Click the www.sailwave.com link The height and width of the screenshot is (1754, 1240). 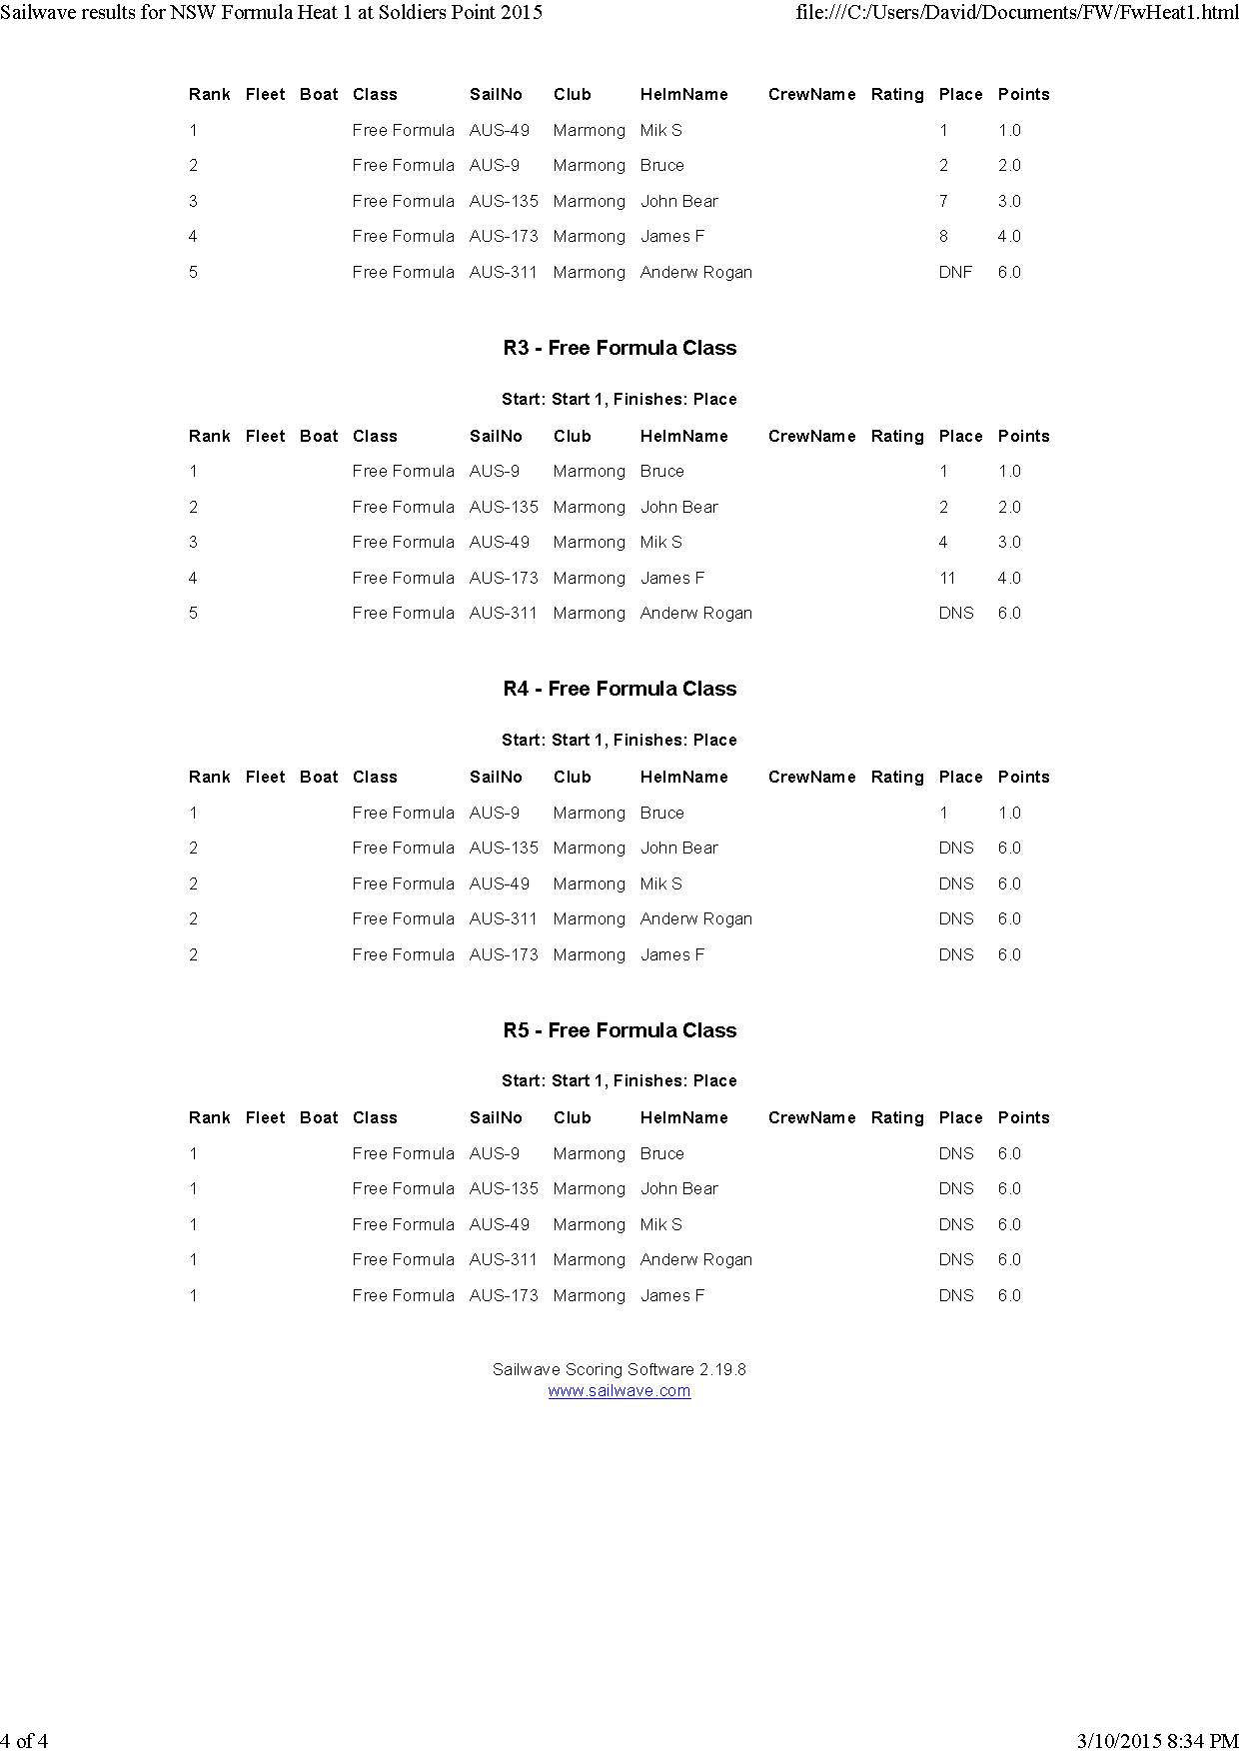[619, 1390]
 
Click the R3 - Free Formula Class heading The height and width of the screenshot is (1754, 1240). [620, 348]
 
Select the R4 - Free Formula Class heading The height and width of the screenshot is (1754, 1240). [620, 689]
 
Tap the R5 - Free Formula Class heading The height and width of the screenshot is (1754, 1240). [620, 1030]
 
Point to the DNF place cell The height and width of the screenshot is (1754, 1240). [954, 272]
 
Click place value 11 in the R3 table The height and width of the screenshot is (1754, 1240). [946, 578]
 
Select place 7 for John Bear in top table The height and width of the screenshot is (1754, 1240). [942, 201]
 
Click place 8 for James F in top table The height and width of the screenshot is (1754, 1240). [942, 237]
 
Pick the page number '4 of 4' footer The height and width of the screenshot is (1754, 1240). [24, 1741]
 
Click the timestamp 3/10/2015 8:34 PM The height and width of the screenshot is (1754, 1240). [1157, 1741]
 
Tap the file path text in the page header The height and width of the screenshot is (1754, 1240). [1017, 13]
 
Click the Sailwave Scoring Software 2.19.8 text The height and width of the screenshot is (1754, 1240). [619, 1369]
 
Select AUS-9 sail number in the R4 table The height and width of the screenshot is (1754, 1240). [494, 813]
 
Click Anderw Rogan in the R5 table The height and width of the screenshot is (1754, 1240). [695, 1259]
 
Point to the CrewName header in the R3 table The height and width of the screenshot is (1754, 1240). [811, 436]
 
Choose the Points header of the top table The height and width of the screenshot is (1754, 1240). [1023, 95]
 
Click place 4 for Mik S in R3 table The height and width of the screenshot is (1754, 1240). [942, 542]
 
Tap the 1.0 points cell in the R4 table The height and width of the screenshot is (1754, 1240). [1009, 813]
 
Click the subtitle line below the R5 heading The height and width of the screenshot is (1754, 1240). [619, 1080]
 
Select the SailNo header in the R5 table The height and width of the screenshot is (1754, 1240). [496, 1117]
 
